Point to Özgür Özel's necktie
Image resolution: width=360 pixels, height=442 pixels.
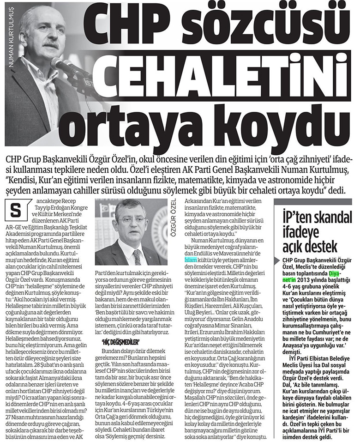[137, 256]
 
